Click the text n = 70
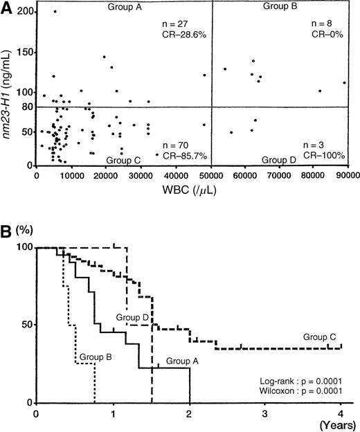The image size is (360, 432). coord(175,145)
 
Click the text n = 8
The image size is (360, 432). coord(321,24)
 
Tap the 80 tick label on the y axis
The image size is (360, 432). coord(26,107)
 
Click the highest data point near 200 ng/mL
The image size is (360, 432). coord(55,12)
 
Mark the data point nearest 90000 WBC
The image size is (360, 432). coord(344,83)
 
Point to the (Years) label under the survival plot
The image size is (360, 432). coord(341,427)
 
